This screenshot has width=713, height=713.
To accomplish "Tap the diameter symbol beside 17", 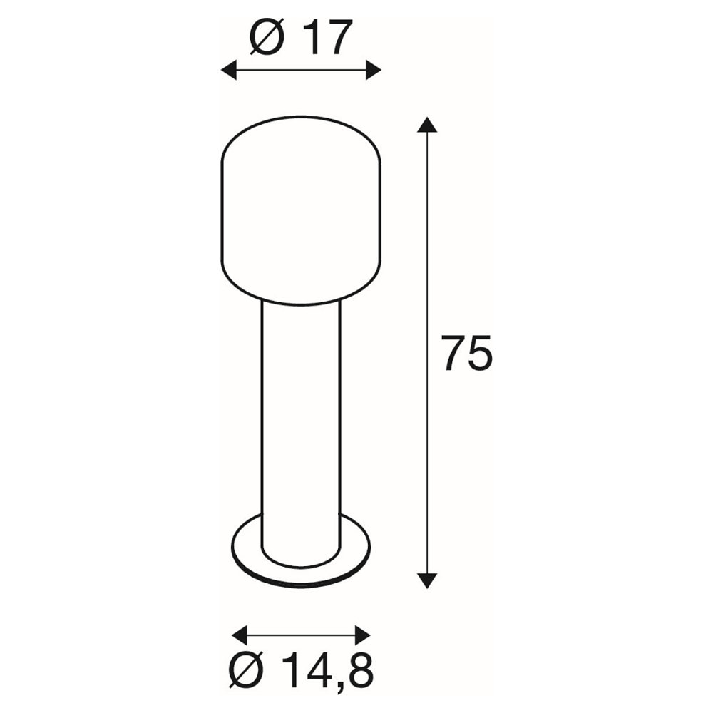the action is click(267, 37).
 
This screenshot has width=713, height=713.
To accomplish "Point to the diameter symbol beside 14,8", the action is click(247, 670).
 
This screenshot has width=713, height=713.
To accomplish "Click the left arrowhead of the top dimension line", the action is click(229, 70).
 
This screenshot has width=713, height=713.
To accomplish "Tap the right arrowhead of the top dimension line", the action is click(374, 70).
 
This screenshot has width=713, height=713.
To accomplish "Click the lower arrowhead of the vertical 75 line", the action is click(426, 580).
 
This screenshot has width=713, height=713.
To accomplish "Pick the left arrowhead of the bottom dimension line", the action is click(240, 635).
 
